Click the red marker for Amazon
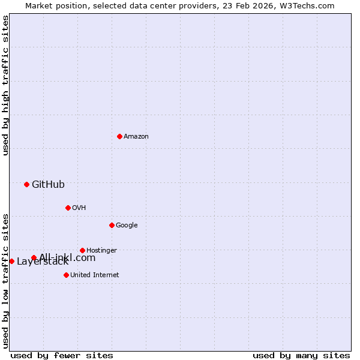point(119,136)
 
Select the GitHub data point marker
point(26,184)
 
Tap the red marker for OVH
point(68,208)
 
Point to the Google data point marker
point(112,225)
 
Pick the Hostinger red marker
point(82,250)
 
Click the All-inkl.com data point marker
point(34,258)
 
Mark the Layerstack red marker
point(11,261)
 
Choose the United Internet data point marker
point(66,275)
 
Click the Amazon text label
point(136,137)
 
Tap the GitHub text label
point(48,185)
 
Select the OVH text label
point(79,208)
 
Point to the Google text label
point(127,226)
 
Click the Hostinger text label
point(101,251)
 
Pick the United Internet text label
point(94,275)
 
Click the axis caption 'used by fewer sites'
point(62,355)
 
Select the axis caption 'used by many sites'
point(301,355)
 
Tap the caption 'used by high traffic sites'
point(5,85)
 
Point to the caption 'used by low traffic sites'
point(5,280)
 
